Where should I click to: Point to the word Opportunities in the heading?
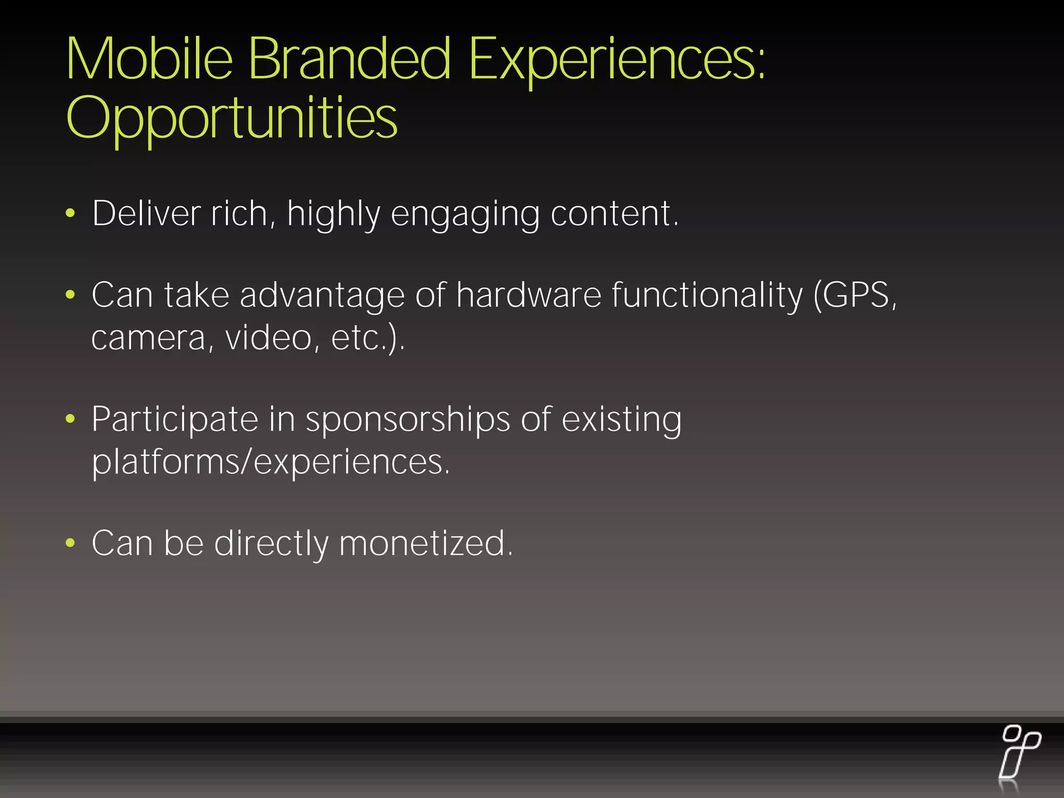point(232,118)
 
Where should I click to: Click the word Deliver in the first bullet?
point(147,214)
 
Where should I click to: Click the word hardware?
point(528,295)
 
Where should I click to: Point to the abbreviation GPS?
point(856,295)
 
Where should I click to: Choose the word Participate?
point(175,420)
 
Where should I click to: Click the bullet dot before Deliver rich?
point(71,213)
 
